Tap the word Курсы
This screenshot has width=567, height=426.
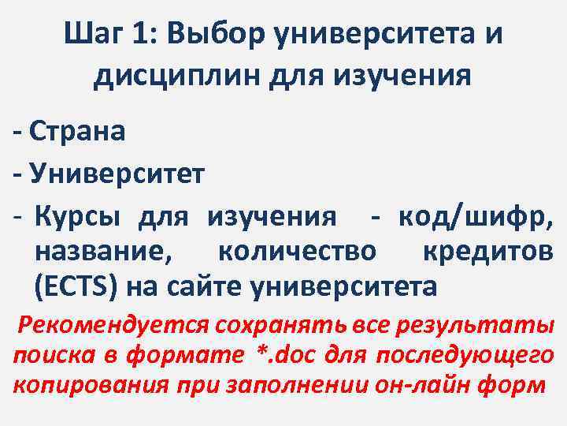(x=80, y=215)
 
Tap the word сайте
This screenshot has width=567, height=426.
(x=206, y=286)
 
